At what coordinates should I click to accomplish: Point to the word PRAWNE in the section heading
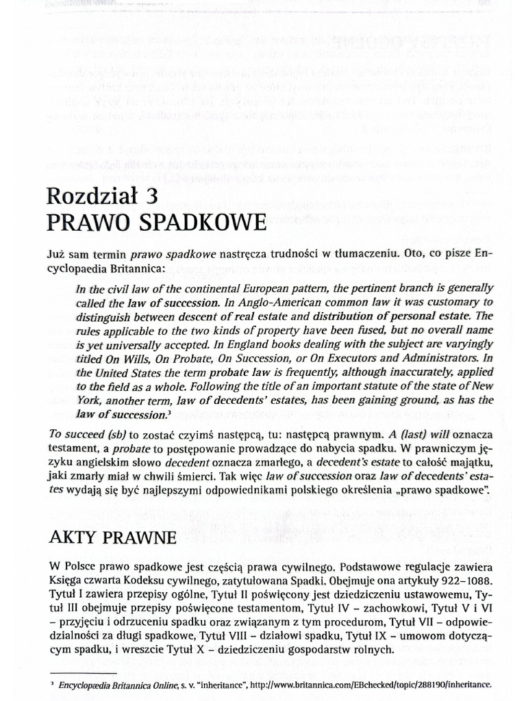(144, 538)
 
